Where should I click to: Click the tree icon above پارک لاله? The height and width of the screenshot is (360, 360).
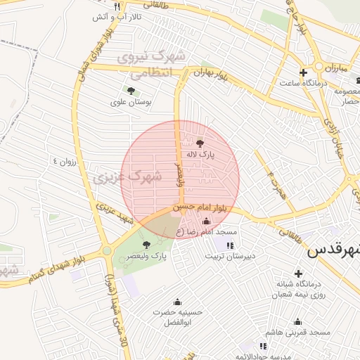tap(200, 141)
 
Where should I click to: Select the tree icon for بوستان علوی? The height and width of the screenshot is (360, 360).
tap(131, 90)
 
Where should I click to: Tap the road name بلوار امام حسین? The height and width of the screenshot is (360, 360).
tap(204, 206)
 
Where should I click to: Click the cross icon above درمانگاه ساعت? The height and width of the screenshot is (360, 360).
tap(303, 72)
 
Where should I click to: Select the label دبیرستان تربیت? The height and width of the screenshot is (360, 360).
tap(230, 257)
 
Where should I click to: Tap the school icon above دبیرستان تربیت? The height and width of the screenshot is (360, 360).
tap(230, 245)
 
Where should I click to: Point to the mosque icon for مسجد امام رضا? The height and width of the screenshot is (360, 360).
tap(206, 221)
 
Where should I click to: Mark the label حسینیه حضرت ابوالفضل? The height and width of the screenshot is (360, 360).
tap(178, 316)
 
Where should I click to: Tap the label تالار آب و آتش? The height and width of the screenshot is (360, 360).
tap(111, 16)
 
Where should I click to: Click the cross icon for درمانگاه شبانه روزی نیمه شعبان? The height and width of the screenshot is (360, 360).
tap(298, 273)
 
